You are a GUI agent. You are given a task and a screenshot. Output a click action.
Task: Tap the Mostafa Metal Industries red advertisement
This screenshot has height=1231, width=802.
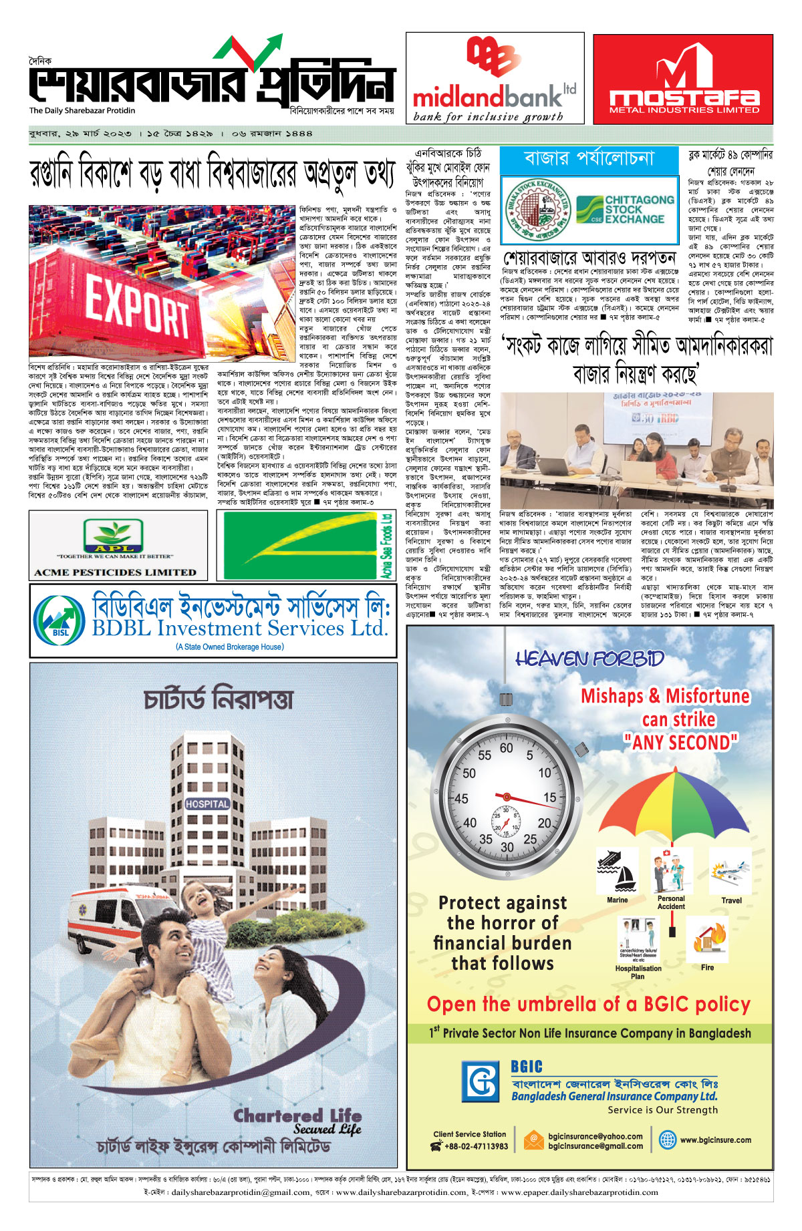[683, 79]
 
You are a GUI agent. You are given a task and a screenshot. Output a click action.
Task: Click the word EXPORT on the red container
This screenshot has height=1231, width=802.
[138, 308]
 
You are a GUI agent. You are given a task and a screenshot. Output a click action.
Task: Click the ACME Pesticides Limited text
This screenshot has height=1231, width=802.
[115, 572]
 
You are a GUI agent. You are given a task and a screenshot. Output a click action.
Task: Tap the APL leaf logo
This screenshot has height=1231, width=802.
[113, 535]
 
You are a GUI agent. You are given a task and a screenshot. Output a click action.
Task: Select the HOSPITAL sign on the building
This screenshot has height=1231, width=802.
[207, 804]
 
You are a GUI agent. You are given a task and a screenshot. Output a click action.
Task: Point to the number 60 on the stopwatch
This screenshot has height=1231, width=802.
[506, 748]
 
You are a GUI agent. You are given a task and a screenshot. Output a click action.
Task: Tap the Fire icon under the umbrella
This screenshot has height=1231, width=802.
[707, 938]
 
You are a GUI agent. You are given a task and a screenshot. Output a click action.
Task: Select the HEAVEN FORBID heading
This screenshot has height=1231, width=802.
[589, 659]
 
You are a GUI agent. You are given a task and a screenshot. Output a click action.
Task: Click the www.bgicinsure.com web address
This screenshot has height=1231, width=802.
[715, 1140]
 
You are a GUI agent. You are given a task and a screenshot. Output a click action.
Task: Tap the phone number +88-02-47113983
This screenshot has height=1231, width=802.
[476, 1146]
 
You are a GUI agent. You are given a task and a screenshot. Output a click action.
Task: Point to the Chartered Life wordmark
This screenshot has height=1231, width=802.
[297, 1116]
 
